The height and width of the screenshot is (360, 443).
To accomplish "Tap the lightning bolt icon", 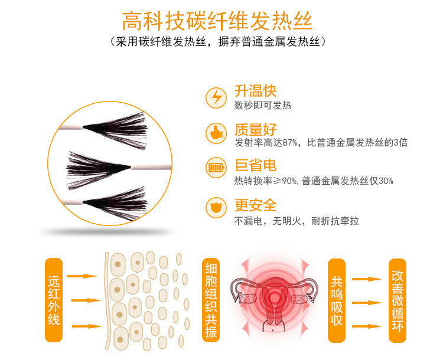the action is coord(216,97).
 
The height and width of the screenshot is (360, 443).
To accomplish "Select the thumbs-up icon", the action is coord(216,132).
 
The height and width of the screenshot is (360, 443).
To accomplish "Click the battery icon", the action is coord(216,168).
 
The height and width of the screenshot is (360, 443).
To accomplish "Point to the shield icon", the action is coord(216,208).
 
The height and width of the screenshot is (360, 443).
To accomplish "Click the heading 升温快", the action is coord(255,91).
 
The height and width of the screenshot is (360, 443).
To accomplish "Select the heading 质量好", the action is coord(255,129).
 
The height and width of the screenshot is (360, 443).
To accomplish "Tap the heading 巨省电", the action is coord(255,165).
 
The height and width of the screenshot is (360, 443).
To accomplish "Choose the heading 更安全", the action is coord(255,205).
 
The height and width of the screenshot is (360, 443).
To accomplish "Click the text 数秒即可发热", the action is coord(263,106).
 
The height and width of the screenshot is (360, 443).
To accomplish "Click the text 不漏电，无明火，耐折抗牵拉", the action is coord(296,221).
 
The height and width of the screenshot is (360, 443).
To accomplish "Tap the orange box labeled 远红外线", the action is coord(54,300).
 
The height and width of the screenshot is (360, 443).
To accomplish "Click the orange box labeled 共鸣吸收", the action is coord(337,300).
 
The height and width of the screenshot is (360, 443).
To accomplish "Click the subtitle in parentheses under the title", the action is coord(217,42).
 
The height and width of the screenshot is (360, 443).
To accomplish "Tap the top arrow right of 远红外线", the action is coord(82,276).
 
